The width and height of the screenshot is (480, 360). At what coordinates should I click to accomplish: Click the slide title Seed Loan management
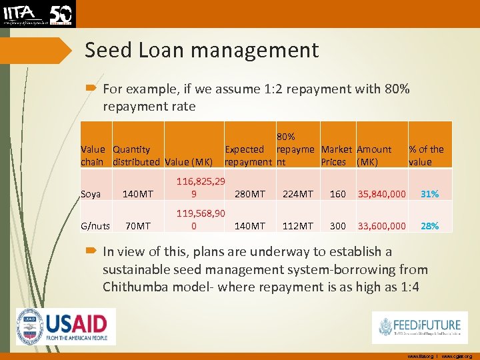coord(202,50)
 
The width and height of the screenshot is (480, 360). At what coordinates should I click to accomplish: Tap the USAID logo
coord(66,327)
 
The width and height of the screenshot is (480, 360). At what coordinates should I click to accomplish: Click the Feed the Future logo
coord(419,327)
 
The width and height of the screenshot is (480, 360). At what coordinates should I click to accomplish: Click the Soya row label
coord(91,194)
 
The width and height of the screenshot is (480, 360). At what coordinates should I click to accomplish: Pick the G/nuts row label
coord(95,226)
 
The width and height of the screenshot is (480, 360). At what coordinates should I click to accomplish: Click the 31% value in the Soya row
coord(429,194)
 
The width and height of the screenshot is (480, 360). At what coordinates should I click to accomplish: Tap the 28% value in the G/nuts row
coord(429,226)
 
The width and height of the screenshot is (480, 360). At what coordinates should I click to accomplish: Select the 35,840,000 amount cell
coord(382,194)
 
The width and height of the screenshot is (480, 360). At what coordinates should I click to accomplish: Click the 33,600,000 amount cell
coord(382,226)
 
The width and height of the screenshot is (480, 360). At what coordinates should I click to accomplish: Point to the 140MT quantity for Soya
coord(137,194)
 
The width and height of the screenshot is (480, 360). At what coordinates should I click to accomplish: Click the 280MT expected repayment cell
coord(250,194)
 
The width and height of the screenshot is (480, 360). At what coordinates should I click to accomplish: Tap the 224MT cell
coord(298,194)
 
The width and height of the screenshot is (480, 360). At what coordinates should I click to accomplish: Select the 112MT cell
coord(298,226)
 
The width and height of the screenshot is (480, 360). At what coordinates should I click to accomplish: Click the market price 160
coord(338,194)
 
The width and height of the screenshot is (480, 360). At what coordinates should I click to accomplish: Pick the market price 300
coord(338,226)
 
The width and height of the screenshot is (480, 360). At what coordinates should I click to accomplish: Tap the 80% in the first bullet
coord(397,89)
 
